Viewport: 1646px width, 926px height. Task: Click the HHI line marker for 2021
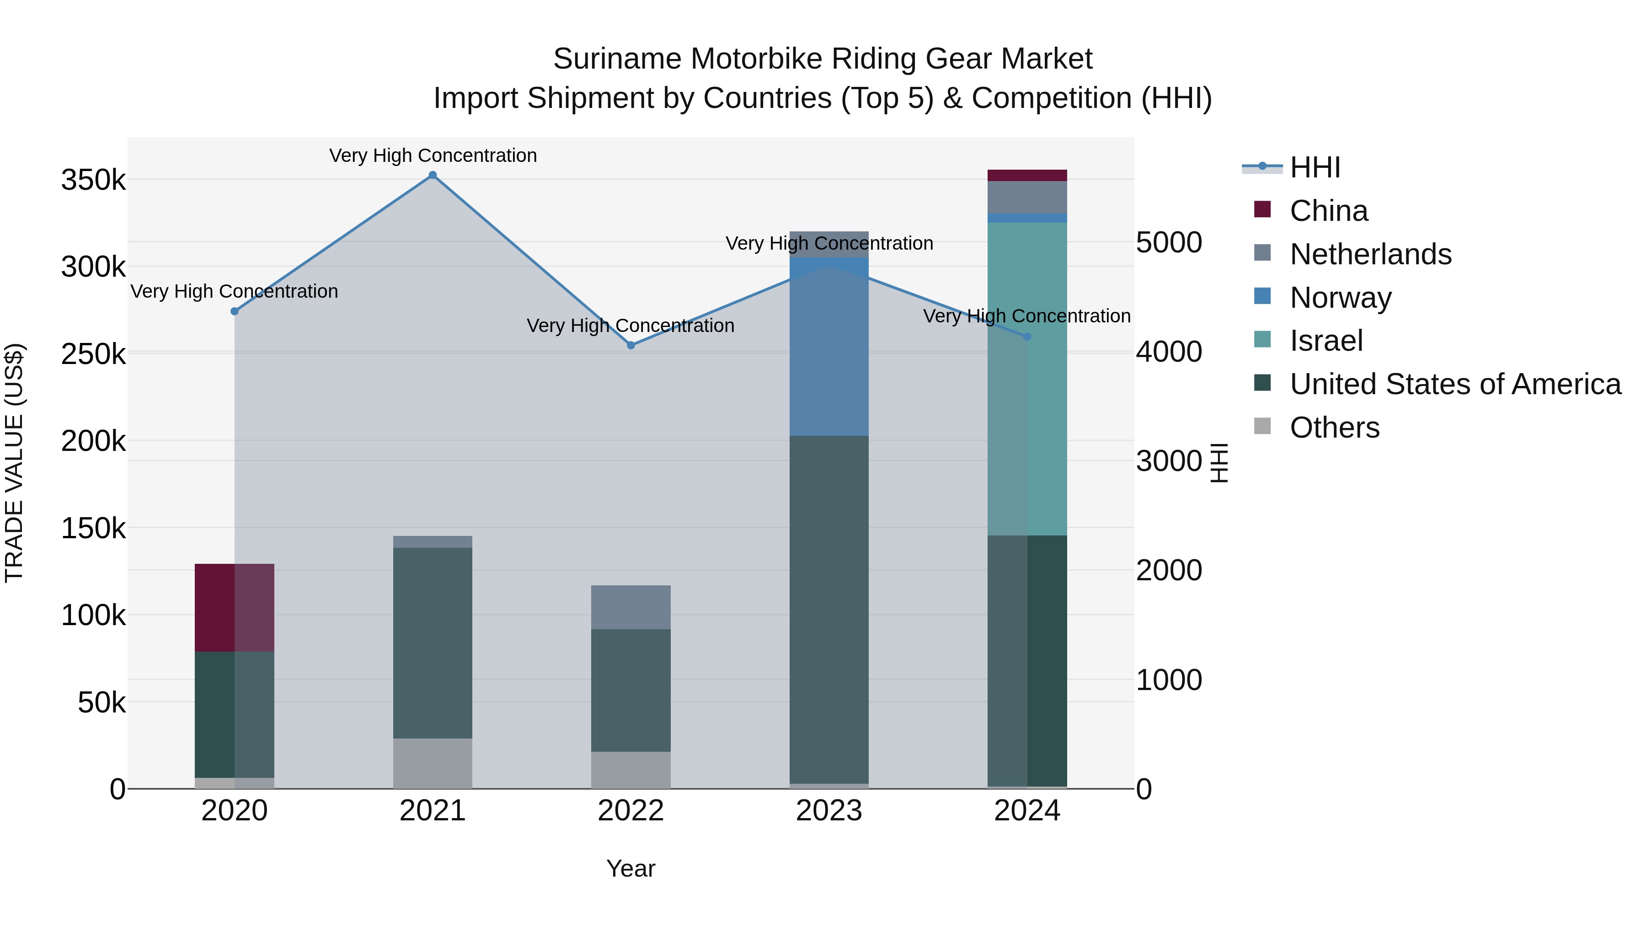point(433,175)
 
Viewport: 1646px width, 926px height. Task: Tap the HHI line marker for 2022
point(631,345)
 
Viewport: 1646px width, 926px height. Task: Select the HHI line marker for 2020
point(235,311)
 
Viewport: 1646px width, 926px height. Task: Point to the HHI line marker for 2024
point(1027,336)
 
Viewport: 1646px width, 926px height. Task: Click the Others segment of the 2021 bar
point(433,763)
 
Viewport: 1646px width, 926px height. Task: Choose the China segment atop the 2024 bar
point(1027,175)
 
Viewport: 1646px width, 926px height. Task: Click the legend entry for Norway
point(1340,298)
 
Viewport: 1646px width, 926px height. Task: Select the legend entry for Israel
point(1326,341)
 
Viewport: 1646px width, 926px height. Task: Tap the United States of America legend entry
point(1455,384)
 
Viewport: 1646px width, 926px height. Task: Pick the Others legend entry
point(1334,428)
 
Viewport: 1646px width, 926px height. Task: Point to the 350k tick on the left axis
point(93,180)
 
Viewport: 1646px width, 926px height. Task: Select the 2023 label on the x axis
point(829,811)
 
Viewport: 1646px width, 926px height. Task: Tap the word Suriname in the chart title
point(617,59)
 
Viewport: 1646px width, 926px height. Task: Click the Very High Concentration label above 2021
point(433,155)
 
